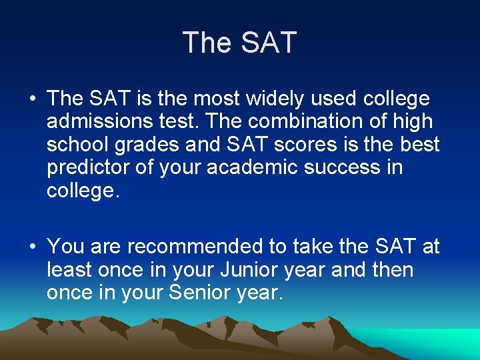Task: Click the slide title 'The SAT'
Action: pyautogui.click(x=239, y=43)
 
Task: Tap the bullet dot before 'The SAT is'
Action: pyautogui.click(x=32, y=100)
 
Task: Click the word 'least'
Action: pyautogui.click(x=69, y=270)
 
